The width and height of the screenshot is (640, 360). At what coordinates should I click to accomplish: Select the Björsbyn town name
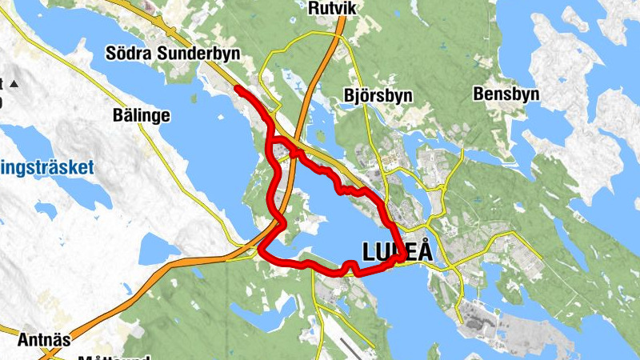tap(378, 95)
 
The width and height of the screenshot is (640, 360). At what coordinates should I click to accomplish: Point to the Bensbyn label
tap(506, 94)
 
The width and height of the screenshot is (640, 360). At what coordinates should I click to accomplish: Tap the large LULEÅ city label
tap(398, 251)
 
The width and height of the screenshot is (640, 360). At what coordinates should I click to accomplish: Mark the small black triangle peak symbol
tap(14, 83)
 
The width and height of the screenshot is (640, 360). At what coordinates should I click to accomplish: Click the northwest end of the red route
tap(238, 89)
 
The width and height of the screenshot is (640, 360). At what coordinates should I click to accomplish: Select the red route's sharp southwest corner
tap(262, 252)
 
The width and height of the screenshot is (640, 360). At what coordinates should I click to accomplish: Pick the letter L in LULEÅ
tap(370, 251)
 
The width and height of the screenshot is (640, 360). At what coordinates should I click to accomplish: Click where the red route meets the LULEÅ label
tap(398, 257)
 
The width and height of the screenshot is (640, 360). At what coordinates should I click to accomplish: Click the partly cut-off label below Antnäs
tap(104, 357)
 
